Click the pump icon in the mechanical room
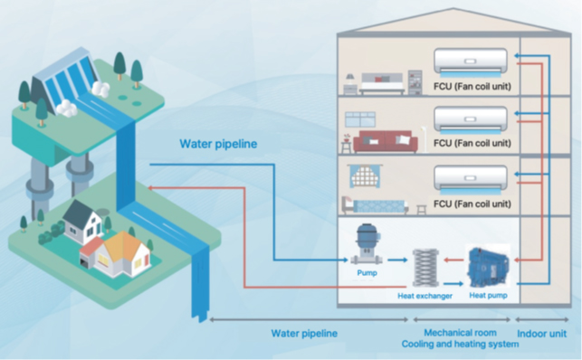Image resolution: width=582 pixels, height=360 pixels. pos(367,243)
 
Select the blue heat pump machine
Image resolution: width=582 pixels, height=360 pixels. pos(486,265)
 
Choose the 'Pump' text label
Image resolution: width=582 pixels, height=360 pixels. pos(366,270)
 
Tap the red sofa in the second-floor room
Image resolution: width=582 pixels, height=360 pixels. pos(383,142)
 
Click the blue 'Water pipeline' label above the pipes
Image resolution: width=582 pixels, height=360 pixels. pos(218,143)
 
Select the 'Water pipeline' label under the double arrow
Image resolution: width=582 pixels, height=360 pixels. pos(304,333)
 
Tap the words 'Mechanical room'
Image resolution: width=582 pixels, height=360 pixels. pos(461,333)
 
